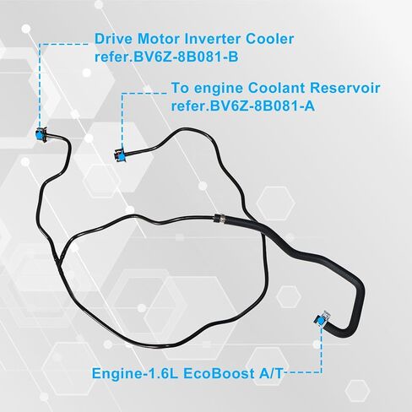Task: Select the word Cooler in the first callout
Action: [269, 39]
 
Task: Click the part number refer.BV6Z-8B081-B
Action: [166, 57]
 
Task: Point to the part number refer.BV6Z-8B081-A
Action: [243, 106]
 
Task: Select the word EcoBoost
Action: [217, 374]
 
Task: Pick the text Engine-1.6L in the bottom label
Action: [135, 374]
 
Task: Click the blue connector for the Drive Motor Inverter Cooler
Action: [41, 134]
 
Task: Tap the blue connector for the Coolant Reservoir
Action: [120, 156]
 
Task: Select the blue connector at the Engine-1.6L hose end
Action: [321, 320]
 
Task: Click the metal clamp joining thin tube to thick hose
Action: [219, 219]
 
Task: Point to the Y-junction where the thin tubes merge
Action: [59, 259]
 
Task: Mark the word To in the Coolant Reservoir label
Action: [180, 88]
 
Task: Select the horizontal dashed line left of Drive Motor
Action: [64, 44]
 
